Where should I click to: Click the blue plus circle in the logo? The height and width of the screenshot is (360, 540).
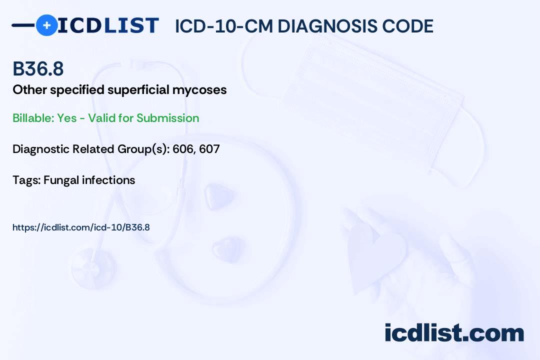tap(46, 25)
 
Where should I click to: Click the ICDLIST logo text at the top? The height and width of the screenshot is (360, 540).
tap(108, 25)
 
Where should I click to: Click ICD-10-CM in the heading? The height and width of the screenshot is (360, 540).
tap(223, 26)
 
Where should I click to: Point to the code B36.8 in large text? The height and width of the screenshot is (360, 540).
tap(38, 69)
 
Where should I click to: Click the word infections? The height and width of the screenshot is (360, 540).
tap(108, 180)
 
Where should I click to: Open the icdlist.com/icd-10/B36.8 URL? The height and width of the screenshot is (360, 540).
tap(81, 227)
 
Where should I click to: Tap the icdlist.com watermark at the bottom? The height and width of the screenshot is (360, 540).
tap(454, 332)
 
